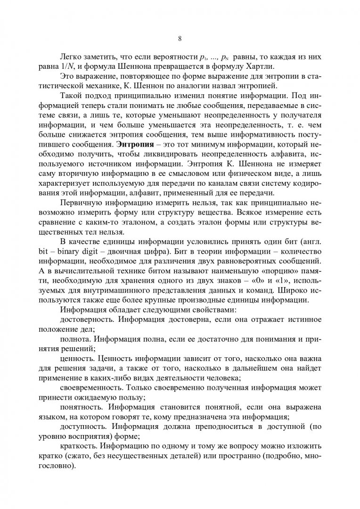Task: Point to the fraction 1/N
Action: (x=76, y=66)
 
